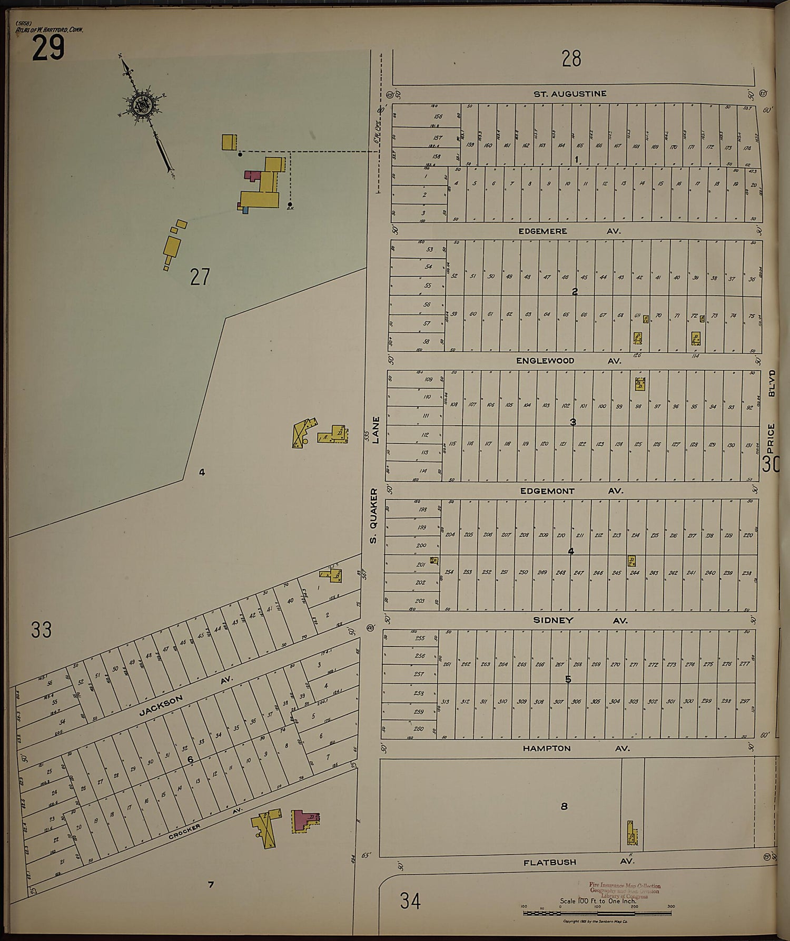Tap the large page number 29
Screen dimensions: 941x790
click(x=48, y=50)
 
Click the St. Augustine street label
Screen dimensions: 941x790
click(x=570, y=94)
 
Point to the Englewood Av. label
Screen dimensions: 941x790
click(x=568, y=361)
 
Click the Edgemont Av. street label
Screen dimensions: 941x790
click(x=571, y=491)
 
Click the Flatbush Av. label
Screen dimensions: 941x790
click(x=578, y=862)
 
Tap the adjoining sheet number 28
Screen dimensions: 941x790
click(x=571, y=58)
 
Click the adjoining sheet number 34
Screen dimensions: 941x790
click(x=410, y=901)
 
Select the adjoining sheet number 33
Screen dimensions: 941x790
click(x=41, y=630)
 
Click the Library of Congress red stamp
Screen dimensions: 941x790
click(x=624, y=891)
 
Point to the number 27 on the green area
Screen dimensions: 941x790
click(x=200, y=277)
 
